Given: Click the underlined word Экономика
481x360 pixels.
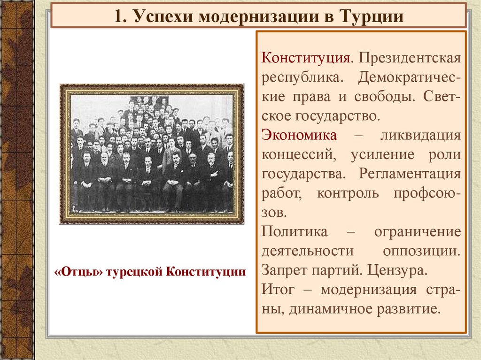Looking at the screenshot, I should (x=299, y=135).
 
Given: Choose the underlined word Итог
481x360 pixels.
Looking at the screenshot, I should (x=278, y=289).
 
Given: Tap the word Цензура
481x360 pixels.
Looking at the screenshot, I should (x=398, y=270).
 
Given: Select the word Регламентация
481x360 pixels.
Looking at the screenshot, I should (x=410, y=174).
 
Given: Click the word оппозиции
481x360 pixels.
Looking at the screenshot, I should (x=421, y=251).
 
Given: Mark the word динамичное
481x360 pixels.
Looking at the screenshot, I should (x=332, y=309).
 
